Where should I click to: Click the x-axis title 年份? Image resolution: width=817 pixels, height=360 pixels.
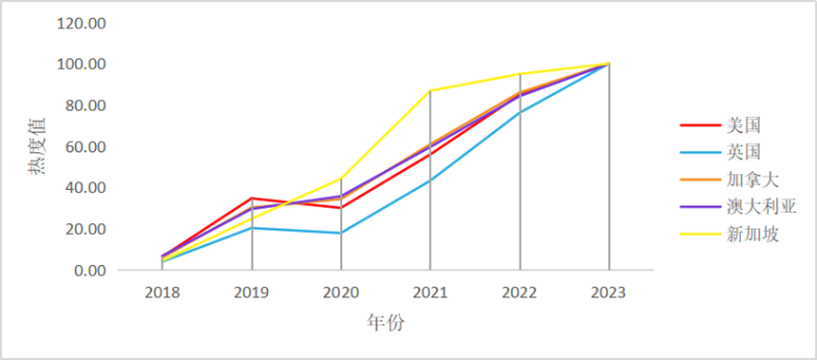click(x=386, y=323)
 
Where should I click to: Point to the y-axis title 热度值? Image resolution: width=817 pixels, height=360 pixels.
click(x=36, y=156)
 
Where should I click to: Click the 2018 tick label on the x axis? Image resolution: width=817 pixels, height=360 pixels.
click(x=162, y=293)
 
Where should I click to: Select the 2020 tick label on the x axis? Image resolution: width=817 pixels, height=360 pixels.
click(x=341, y=293)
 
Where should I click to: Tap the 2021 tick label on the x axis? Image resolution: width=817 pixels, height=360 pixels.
click(x=430, y=293)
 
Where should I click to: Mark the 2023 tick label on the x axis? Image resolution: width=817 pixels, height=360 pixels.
click(x=609, y=293)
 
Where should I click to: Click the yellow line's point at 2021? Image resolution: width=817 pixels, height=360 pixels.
click(x=430, y=91)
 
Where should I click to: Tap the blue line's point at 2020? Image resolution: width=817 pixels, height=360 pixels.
click(x=341, y=233)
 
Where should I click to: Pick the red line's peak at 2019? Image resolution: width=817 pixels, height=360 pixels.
click(x=252, y=199)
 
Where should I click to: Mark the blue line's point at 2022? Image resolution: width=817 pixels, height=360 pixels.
click(x=520, y=112)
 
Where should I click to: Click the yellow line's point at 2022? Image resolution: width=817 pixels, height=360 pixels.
click(x=520, y=74)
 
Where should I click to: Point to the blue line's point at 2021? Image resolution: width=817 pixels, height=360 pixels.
click(x=430, y=180)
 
